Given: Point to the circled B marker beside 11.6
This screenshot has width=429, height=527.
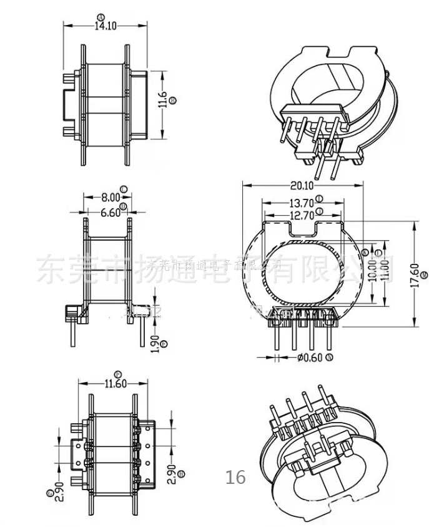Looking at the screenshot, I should [x=173, y=99].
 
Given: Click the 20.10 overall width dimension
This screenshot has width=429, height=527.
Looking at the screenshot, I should [x=302, y=185].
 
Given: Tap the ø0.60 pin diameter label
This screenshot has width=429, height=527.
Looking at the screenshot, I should [x=310, y=358].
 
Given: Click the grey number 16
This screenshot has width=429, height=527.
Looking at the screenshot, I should [x=236, y=478].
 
